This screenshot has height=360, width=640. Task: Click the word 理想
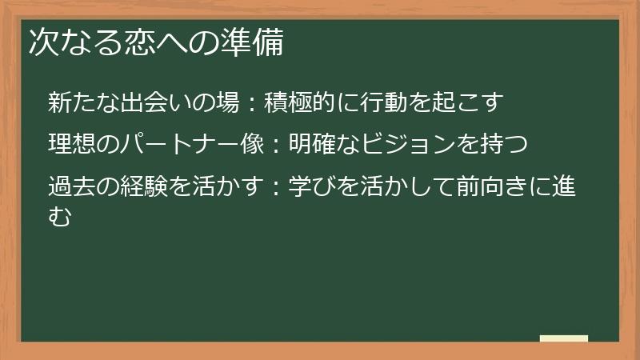[71, 145]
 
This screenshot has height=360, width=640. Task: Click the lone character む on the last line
[60, 215]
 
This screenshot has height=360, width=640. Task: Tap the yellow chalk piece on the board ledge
[564, 338]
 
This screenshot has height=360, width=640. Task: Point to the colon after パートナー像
[274, 146]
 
